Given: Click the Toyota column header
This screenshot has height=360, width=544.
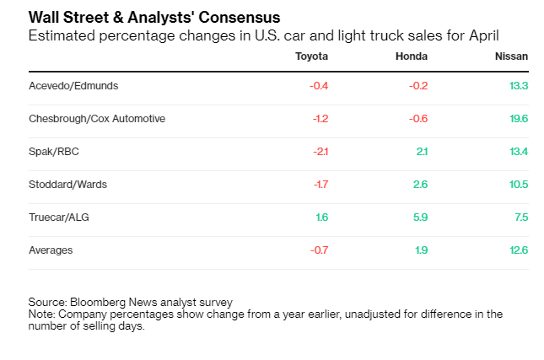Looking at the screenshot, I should pos(311,56).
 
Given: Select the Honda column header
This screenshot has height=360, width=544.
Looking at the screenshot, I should pos(412,56).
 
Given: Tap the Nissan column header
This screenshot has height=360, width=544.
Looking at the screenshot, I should pos(511,56).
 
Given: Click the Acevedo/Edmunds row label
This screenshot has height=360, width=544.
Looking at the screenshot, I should pos(73,86).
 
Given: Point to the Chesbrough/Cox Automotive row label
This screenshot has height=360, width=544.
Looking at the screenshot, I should pos(97,119).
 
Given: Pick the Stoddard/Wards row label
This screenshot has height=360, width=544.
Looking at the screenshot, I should pos(67,185).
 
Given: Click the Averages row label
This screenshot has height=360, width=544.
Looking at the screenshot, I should pos(51,250).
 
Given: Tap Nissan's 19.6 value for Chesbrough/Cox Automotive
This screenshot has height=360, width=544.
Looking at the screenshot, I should pos(519,119).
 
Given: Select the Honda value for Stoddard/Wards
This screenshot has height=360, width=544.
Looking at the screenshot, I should pos(421,185).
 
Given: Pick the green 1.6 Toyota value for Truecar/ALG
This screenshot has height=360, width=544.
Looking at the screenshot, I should pos(321,218).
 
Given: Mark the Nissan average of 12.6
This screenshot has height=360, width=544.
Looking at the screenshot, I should pos(519,250).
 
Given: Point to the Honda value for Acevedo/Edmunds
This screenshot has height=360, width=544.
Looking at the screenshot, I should pos(418,86).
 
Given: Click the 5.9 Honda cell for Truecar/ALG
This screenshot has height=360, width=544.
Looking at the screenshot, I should pos(420,218).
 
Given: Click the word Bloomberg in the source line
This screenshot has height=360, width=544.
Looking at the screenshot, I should pos(97,302).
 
